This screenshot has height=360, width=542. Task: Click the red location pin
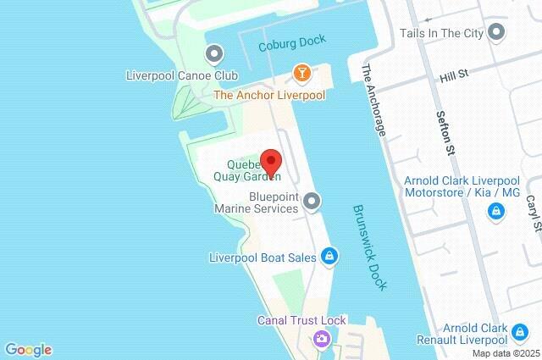click(x=270, y=162)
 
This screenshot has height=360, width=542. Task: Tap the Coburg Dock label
click(x=292, y=47)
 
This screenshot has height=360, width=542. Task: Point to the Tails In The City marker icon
click(x=497, y=33)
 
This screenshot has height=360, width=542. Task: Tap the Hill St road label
click(x=454, y=77)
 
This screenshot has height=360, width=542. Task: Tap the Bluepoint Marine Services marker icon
click(x=312, y=201)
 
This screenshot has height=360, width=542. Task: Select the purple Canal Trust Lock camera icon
click(x=322, y=340)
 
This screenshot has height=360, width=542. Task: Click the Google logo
click(x=28, y=350)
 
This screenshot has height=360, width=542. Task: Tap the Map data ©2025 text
click(x=506, y=353)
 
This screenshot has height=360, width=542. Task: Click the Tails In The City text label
click(x=441, y=33)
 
